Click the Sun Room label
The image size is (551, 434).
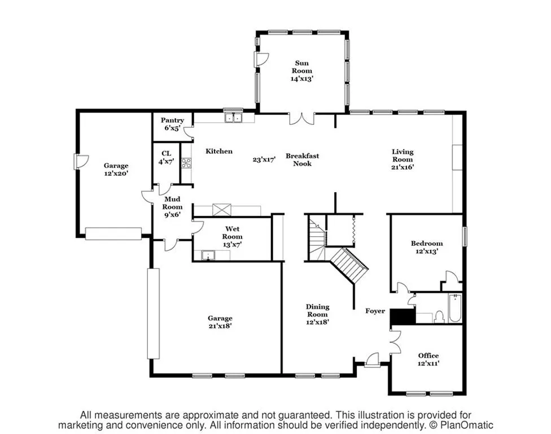301,71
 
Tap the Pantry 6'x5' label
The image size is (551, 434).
172,124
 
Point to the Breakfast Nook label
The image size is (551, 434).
302,159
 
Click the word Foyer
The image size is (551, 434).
375,311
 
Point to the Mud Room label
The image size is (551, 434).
173,207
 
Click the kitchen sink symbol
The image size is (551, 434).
233,118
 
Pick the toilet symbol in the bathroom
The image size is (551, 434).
439,316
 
